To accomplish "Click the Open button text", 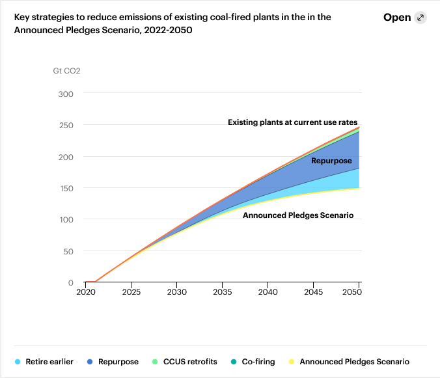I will [x=397, y=18].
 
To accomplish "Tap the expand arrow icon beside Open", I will [x=420, y=18].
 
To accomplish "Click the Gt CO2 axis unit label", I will [x=66, y=70].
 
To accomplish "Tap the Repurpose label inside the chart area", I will [x=331, y=161].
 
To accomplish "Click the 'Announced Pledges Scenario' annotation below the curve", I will [x=298, y=215].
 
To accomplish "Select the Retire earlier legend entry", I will [x=49, y=362].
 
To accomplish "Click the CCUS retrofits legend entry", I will [x=186, y=362].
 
